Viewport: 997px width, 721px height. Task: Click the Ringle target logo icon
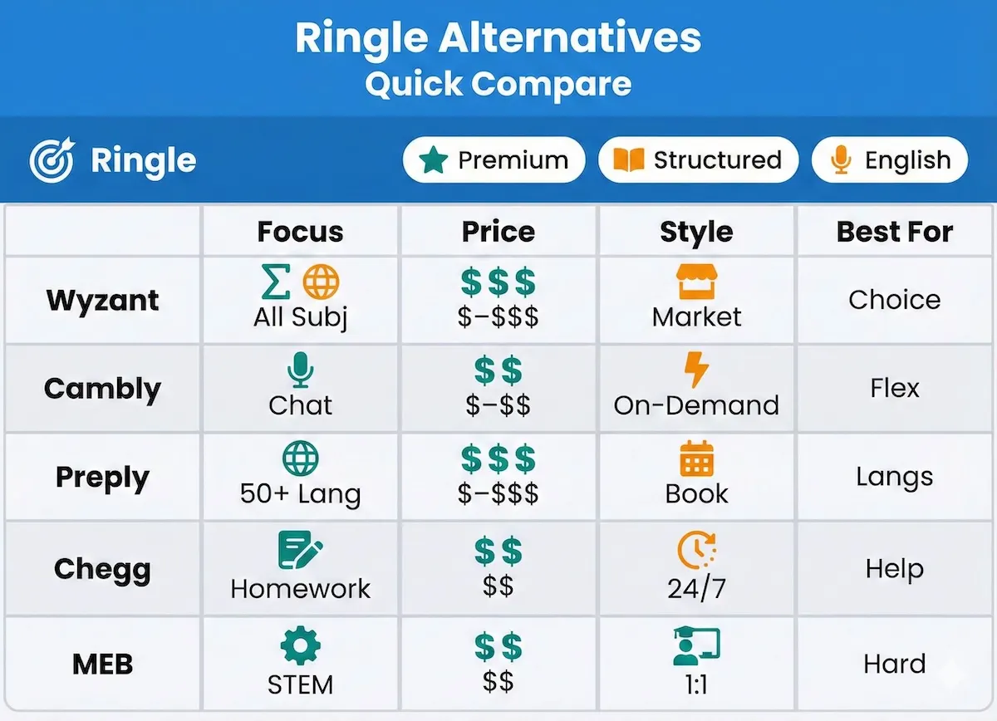tap(52, 160)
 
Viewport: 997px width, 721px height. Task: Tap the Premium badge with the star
tap(494, 160)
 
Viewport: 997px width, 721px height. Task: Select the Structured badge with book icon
tap(698, 160)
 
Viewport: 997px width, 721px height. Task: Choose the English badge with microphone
tap(889, 160)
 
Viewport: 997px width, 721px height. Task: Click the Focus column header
tap(300, 232)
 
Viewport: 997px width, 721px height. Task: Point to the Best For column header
tap(895, 232)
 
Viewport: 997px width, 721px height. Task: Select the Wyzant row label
tap(102, 300)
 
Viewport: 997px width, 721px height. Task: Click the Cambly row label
tap(102, 388)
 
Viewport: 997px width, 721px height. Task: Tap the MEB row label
tap(102, 664)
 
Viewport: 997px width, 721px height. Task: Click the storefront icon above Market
tap(696, 283)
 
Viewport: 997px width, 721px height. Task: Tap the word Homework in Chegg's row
tap(300, 589)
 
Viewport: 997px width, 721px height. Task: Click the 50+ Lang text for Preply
tap(300, 494)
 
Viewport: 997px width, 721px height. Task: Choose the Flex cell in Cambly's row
tap(895, 388)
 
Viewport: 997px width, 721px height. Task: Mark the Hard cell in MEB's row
tap(895, 664)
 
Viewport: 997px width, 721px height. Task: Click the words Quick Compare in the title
tap(498, 84)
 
